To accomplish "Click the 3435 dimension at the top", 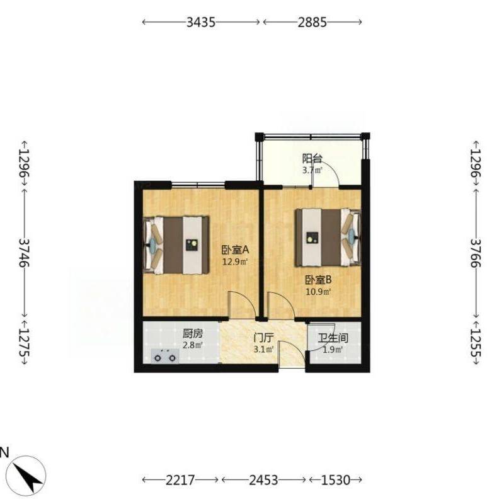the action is coord(201,22).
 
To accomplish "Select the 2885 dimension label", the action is coord(312,22).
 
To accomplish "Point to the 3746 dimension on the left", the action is coord(24,253).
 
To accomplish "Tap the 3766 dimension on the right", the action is coord(476,253).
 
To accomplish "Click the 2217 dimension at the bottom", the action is coord(180,480).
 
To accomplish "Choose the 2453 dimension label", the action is coord(263,480).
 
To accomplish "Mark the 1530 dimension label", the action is coord(336,480).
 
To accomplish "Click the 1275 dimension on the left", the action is coord(24,342).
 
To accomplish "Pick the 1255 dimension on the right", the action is coord(476,342).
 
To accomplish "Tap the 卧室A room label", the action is coord(235,249).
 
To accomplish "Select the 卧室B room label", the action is coord(318,280).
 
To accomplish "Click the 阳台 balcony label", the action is coord(312,159).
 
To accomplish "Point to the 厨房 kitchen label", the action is coord(193,334).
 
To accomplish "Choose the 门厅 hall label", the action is coord(263,338).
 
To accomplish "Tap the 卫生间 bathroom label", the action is coord(333,338).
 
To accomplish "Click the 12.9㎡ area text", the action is coord(235,261).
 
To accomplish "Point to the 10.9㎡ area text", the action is coord(318,292).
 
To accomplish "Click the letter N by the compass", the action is coord(4,452).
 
